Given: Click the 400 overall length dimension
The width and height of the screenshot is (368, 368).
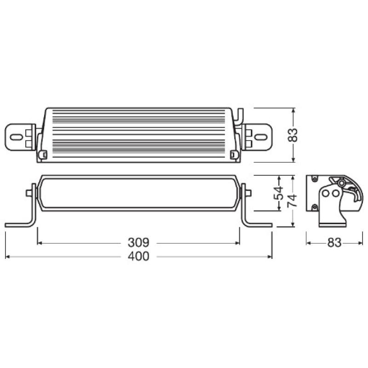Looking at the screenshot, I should click(x=138, y=257).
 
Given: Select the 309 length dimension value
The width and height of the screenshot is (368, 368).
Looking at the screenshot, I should click(x=138, y=242).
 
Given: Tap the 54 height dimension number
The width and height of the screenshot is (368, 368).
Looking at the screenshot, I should click(x=278, y=193).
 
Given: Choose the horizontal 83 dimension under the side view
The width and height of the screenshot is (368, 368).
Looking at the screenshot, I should click(x=334, y=242).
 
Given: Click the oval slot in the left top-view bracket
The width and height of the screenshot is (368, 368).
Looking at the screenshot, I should click(x=16, y=137).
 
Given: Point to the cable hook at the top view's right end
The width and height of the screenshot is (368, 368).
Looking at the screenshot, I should click(x=240, y=115).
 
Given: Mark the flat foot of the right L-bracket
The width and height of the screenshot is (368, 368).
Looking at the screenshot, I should click(x=259, y=225).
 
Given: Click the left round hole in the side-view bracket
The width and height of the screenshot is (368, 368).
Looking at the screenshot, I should click(x=325, y=194).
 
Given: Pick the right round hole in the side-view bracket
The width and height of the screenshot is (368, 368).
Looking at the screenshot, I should click(x=333, y=194).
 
